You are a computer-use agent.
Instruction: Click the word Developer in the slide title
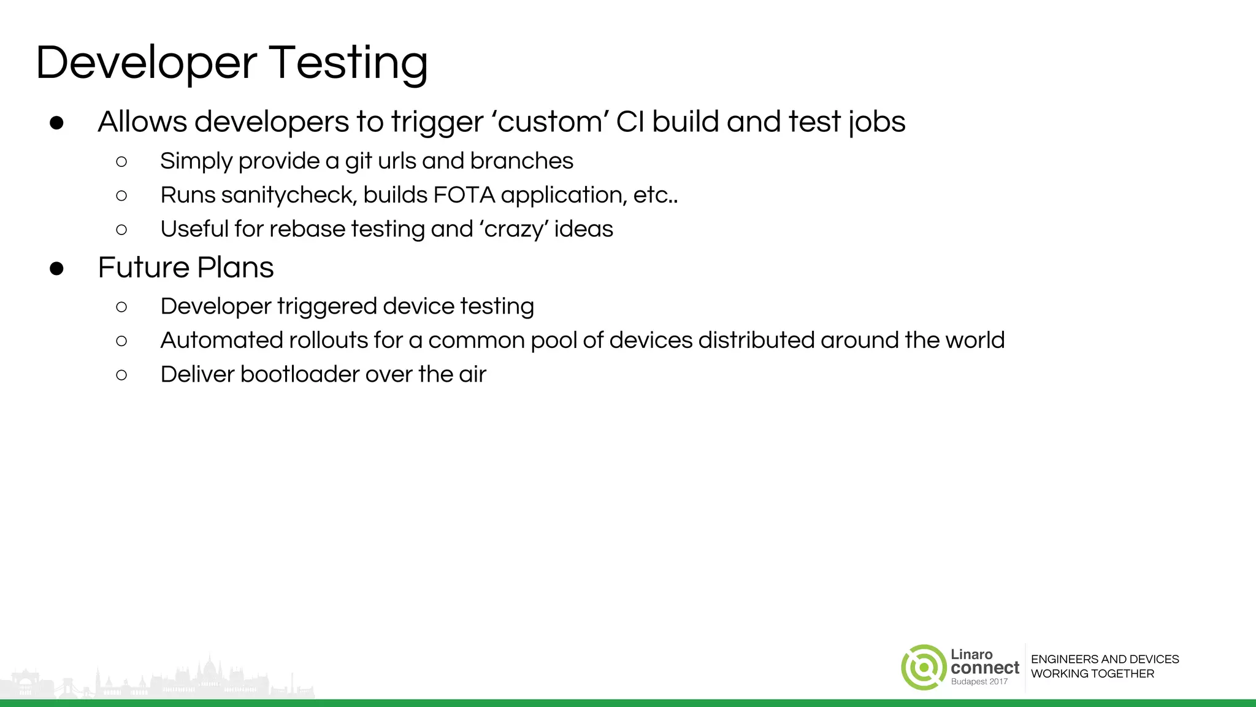[x=146, y=64]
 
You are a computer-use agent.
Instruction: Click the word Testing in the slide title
[x=348, y=64]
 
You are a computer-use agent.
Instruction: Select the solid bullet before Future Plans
[x=57, y=269]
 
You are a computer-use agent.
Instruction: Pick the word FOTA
[x=464, y=195]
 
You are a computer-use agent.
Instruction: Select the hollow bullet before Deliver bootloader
[x=121, y=375]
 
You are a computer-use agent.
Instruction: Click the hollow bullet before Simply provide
[x=121, y=162]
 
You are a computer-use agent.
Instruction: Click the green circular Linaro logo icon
[x=923, y=667]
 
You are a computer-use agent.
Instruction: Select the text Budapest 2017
[x=979, y=682]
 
